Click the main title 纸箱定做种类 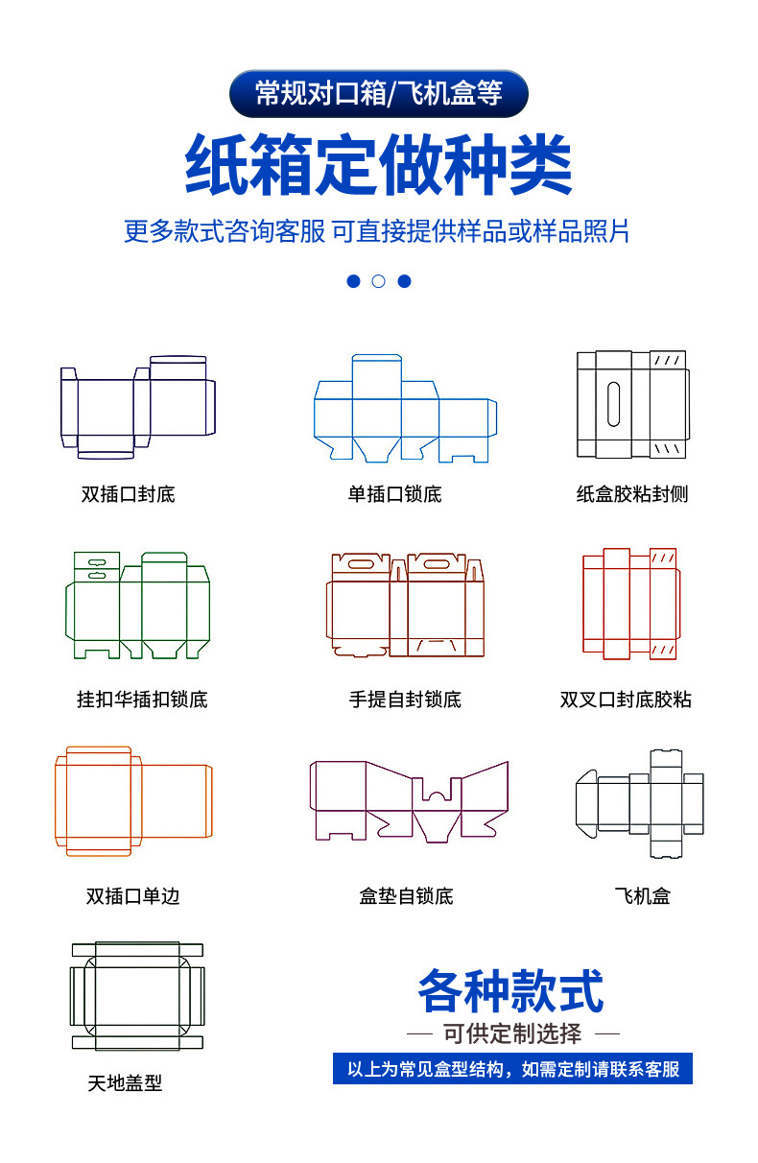point(378,166)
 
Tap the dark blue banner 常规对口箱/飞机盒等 point(378,93)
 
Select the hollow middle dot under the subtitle point(378,281)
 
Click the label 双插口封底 point(129,495)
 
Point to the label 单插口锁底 point(394,495)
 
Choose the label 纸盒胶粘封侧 point(632,495)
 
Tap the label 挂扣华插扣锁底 point(142,700)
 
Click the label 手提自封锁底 point(405,700)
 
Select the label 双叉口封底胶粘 point(626,700)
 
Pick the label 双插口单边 point(133,896)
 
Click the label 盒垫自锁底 point(406,896)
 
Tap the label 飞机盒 point(642,896)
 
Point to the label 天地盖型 point(125,1083)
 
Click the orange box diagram point(132,801)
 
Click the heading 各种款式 point(510,991)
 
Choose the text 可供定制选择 point(512,1033)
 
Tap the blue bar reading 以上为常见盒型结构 point(512,1069)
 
